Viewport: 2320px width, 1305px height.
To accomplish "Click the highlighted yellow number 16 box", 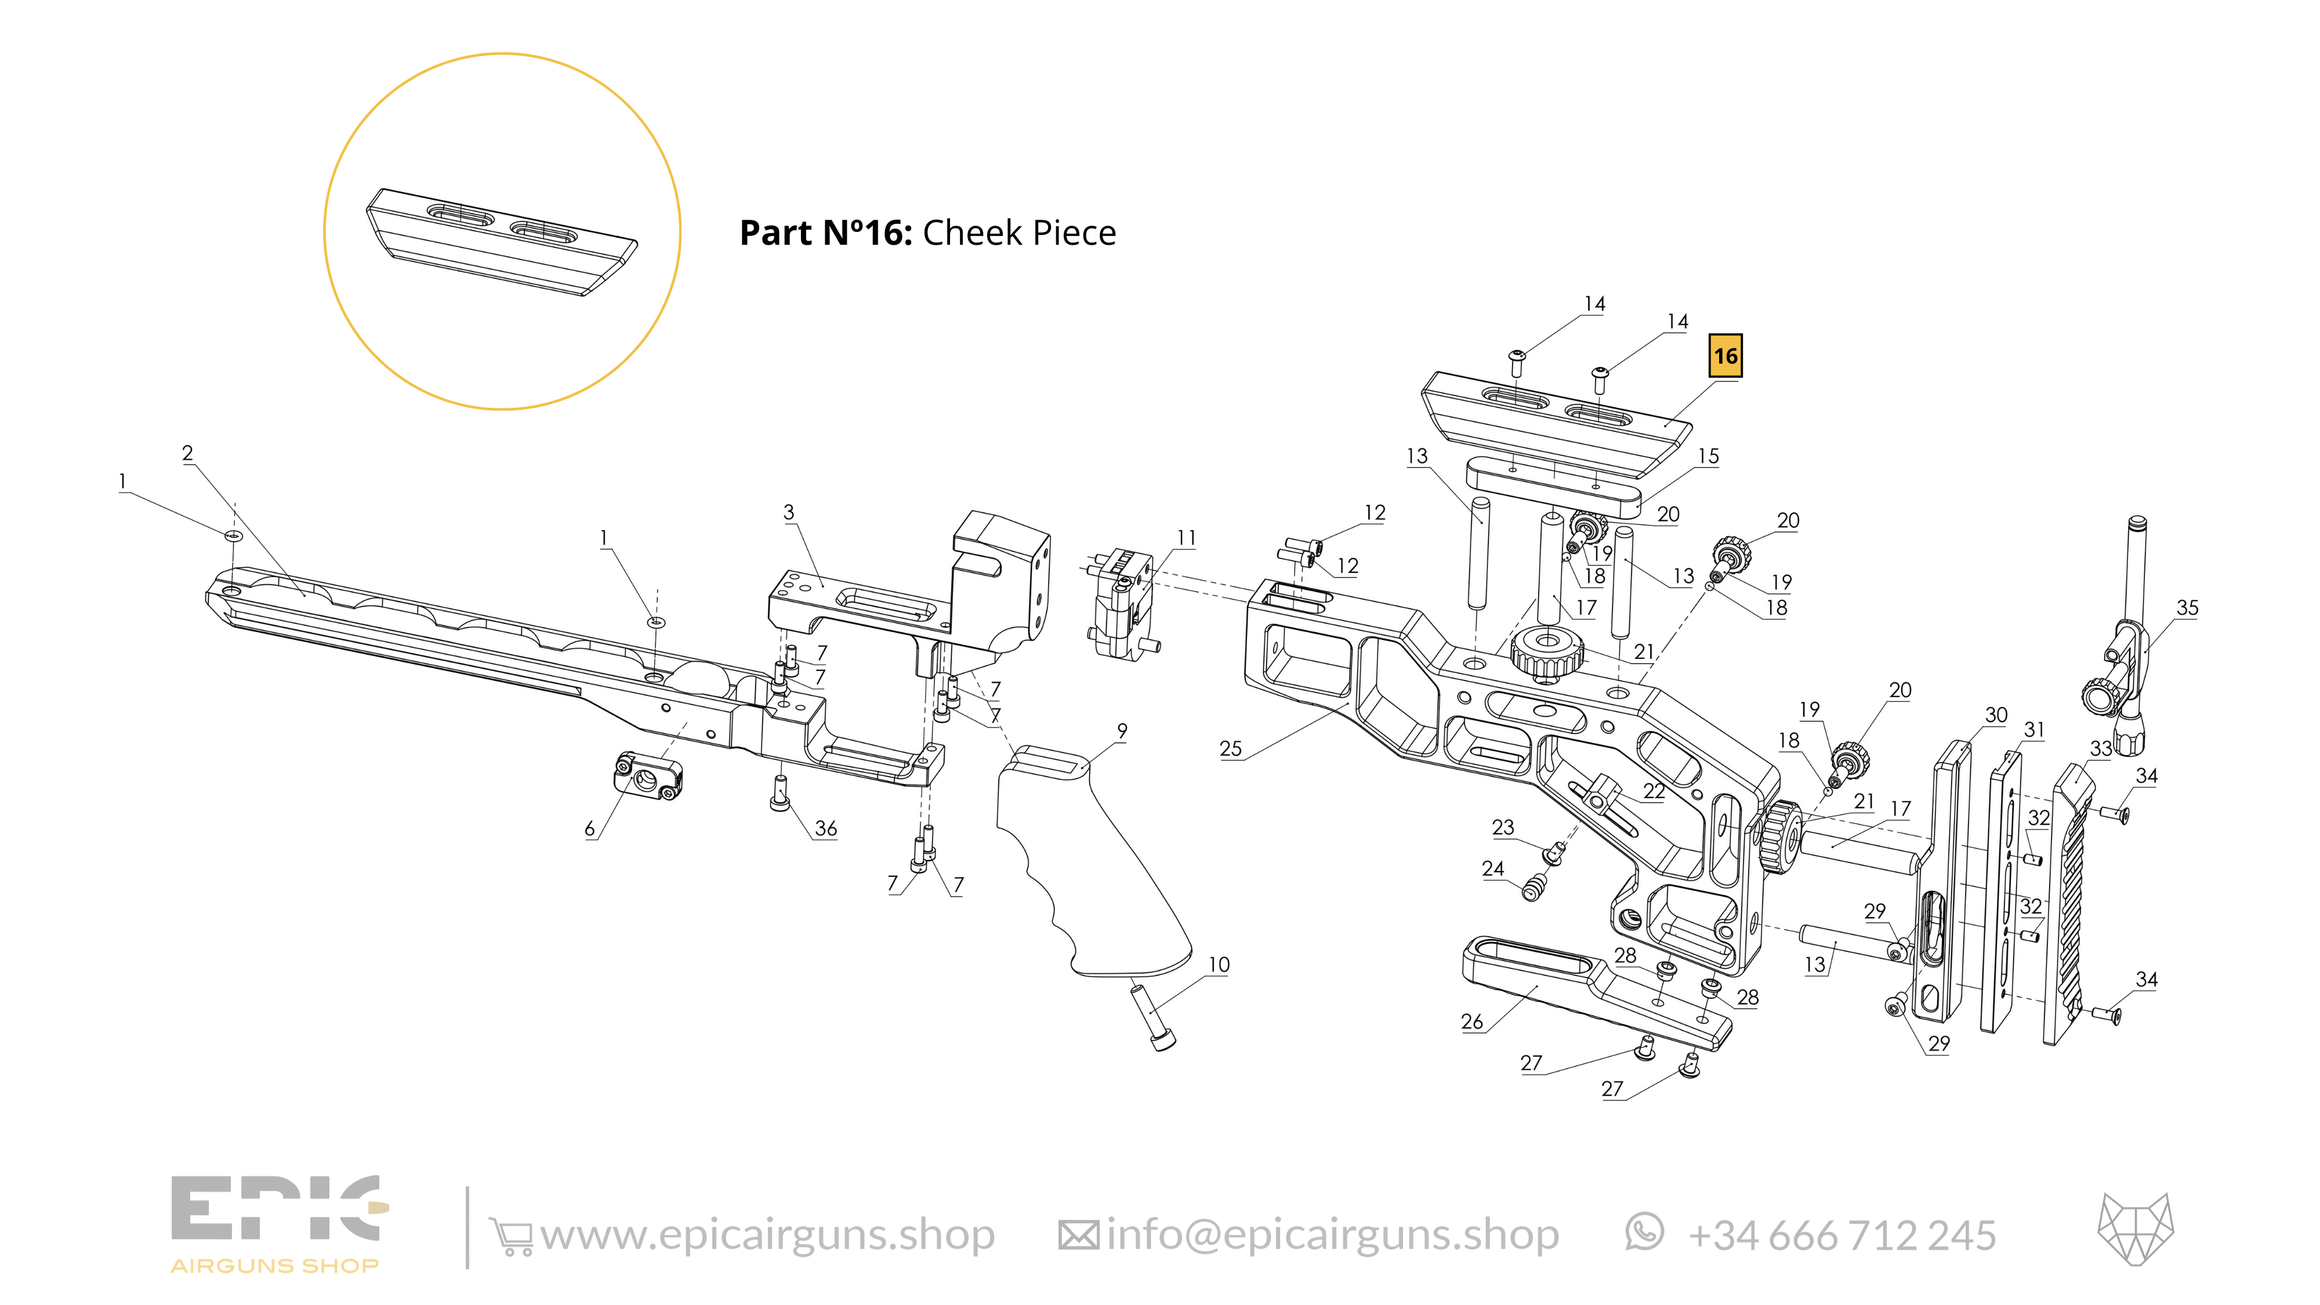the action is coord(1725,356).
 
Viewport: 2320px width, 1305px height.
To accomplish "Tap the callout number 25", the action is coord(1230,748).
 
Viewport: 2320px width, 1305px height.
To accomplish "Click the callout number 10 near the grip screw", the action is coord(1219,965).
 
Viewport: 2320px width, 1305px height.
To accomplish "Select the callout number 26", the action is coord(1471,1021).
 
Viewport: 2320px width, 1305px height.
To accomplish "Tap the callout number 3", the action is coord(789,513).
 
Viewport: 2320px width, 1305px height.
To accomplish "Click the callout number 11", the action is coord(1187,538).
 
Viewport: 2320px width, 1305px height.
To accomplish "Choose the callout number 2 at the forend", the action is coord(187,453).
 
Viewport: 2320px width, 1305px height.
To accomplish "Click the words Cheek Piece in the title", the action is coord(1020,233).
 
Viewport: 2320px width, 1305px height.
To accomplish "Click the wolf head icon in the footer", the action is coord(2136,1230).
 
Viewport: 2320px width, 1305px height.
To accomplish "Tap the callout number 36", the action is coord(826,829).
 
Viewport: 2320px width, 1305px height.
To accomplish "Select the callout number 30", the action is coord(1996,715).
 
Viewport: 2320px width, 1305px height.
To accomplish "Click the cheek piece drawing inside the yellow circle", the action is coord(502,241).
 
